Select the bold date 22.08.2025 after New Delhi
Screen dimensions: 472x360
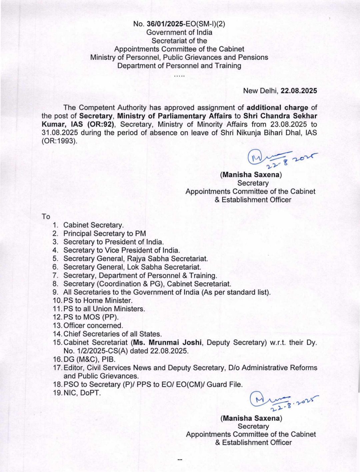click(299, 91)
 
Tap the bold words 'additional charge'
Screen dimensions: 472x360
click(277, 108)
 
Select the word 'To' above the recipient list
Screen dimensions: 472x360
click(46, 216)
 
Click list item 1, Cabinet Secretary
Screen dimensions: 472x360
click(93, 225)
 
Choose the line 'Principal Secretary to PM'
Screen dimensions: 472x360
click(105, 233)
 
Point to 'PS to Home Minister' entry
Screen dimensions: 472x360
click(98, 301)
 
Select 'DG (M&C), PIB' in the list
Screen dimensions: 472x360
click(89, 359)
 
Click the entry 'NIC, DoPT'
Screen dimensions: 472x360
click(82, 393)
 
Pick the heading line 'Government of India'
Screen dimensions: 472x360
click(179, 32)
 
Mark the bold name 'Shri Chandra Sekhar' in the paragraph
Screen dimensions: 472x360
click(280, 116)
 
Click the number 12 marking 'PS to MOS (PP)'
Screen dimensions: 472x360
click(57, 317)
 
